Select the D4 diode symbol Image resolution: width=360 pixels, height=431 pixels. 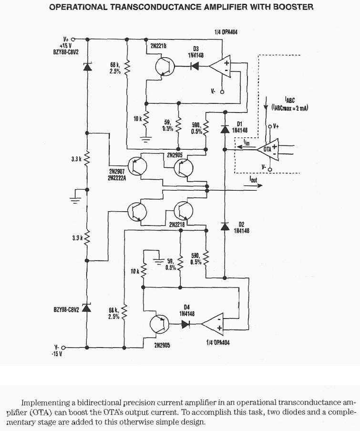click(186, 324)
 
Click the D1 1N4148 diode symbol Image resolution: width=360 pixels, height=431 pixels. click(224, 129)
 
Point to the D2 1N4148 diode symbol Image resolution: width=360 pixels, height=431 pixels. click(224, 226)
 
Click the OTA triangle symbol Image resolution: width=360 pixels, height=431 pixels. click(270, 149)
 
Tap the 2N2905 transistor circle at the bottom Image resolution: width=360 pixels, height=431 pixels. click(159, 324)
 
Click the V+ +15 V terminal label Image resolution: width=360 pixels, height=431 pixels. click(65, 42)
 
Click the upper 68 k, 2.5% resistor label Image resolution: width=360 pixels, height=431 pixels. click(115, 67)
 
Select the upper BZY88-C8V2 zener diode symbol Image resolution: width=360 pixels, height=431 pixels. click(87, 67)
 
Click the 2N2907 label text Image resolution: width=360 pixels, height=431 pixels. click(117, 171)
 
